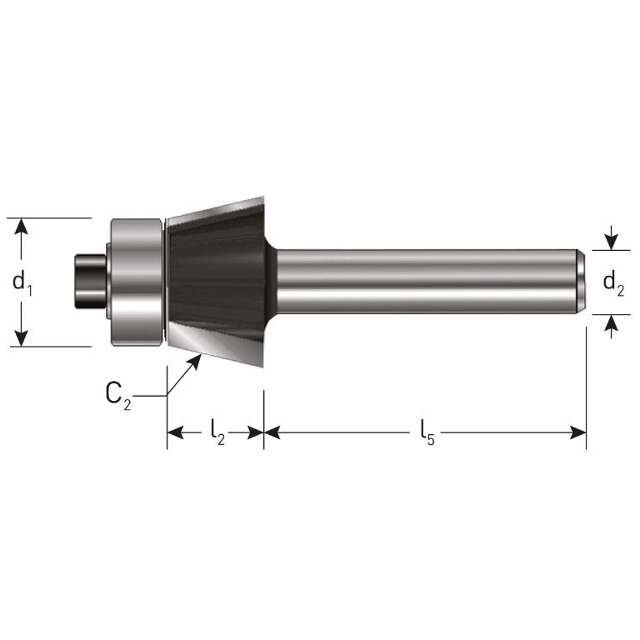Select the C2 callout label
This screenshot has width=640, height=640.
click(118, 395)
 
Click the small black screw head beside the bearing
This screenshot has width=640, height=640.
click(88, 282)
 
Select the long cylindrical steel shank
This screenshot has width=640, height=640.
click(425, 282)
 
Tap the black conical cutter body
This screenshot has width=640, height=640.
click(215, 275)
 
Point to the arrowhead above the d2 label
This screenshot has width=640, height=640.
click(612, 242)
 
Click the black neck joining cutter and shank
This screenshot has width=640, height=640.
click(270, 282)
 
